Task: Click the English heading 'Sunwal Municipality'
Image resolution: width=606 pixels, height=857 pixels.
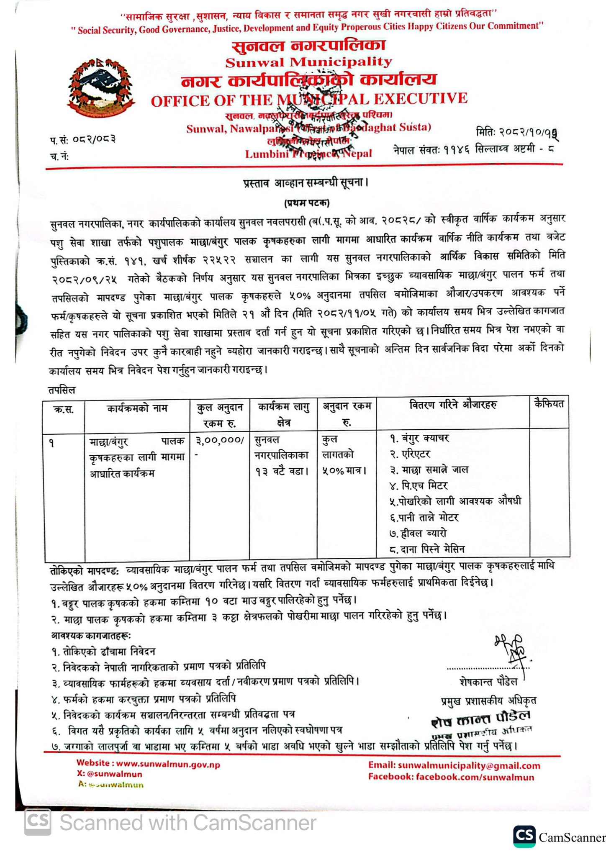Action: [x=308, y=62]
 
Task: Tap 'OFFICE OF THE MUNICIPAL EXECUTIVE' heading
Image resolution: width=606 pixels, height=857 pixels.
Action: [x=309, y=100]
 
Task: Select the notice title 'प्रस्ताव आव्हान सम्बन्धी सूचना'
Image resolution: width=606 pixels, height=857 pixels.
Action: [x=306, y=183]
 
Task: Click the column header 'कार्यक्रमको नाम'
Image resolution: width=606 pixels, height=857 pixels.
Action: [x=137, y=408]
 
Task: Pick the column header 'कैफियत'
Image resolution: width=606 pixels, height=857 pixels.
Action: [x=549, y=404]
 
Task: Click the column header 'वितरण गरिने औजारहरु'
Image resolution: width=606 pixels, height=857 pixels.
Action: [x=453, y=405]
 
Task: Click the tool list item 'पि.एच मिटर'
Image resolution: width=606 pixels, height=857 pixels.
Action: [x=419, y=485]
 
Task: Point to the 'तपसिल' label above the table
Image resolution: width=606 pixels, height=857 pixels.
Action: [x=62, y=390]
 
